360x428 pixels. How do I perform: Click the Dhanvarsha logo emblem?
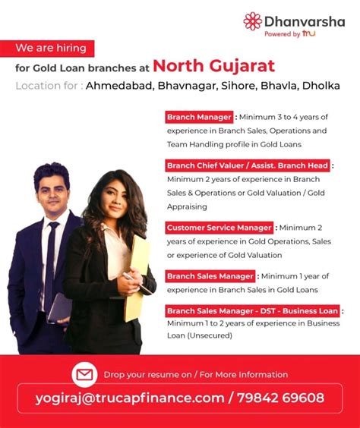[x=252, y=20]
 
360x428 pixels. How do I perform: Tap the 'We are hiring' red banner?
[x=51, y=49]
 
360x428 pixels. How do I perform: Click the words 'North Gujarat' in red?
[x=213, y=65]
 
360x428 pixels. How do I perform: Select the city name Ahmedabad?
[x=119, y=86]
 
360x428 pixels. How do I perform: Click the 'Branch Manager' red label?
[x=199, y=118]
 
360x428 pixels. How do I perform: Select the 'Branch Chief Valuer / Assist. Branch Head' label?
[x=248, y=165]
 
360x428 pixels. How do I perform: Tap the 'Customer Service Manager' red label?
[x=219, y=228]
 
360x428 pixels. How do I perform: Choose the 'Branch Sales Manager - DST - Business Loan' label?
[x=252, y=310]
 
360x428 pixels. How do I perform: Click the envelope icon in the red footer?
[x=84, y=374]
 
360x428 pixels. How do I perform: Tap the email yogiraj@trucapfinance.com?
[x=130, y=398]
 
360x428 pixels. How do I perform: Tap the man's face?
[x=52, y=190]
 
